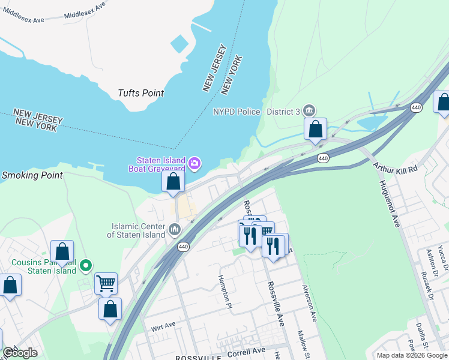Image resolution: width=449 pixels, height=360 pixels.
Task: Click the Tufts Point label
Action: point(141,93)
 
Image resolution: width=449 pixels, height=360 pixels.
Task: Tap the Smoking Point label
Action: point(32,176)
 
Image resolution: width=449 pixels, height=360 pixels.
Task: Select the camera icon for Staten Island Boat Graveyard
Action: point(194,163)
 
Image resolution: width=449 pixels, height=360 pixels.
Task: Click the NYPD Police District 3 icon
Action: point(309,110)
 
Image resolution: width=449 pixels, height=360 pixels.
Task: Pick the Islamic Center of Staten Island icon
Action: point(175,229)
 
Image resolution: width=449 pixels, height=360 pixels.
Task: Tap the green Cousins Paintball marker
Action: point(86,265)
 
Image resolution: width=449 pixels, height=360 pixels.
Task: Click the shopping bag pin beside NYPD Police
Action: point(315,129)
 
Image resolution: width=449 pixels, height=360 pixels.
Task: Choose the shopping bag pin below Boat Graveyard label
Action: point(173,181)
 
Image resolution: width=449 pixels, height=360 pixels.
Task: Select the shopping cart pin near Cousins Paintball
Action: point(106,283)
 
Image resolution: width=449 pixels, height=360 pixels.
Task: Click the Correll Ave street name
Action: point(246,351)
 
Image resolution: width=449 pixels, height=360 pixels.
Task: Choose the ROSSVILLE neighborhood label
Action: point(195,358)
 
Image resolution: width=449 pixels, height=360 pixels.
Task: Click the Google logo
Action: point(20,353)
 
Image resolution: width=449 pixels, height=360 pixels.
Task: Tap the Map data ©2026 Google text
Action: point(411,355)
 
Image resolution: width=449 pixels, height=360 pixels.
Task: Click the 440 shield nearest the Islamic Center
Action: point(183,247)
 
